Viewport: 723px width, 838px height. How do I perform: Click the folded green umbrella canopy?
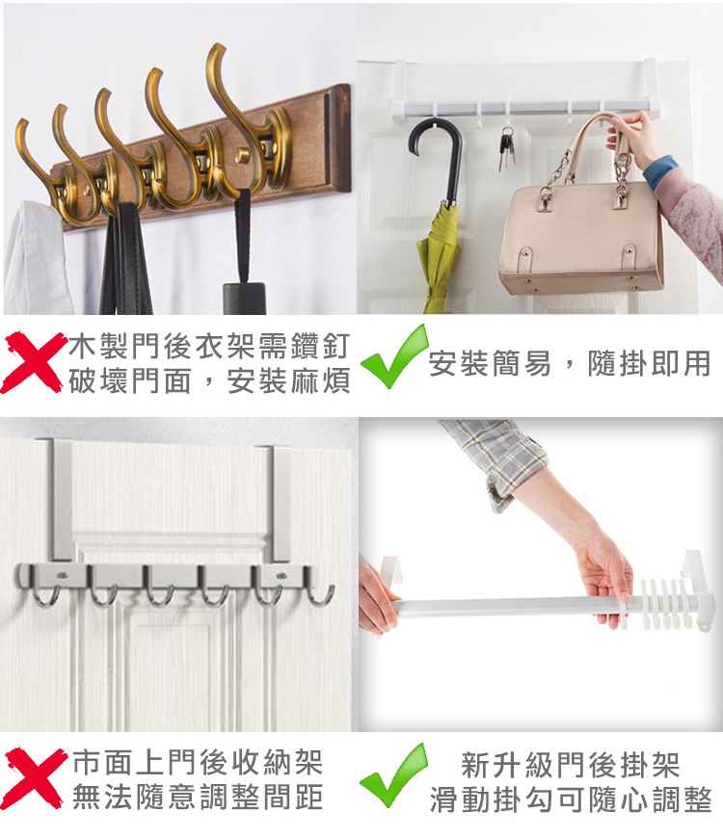click(440, 256)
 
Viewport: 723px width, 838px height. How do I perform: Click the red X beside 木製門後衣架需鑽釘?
click(33, 362)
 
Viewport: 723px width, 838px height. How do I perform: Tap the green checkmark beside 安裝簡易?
click(394, 356)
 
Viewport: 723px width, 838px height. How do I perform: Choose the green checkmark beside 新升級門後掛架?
click(393, 775)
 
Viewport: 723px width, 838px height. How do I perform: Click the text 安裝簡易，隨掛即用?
click(570, 363)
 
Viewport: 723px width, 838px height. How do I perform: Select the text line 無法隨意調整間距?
click(198, 797)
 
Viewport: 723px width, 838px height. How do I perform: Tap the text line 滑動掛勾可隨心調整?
click(571, 799)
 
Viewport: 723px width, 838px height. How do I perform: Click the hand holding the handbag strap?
click(633, 138)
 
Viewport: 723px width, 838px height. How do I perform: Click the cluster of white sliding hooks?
click(662, 603)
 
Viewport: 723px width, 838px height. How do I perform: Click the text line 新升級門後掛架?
click(570, 765)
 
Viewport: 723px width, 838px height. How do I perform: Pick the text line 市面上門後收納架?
click(198, 762)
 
